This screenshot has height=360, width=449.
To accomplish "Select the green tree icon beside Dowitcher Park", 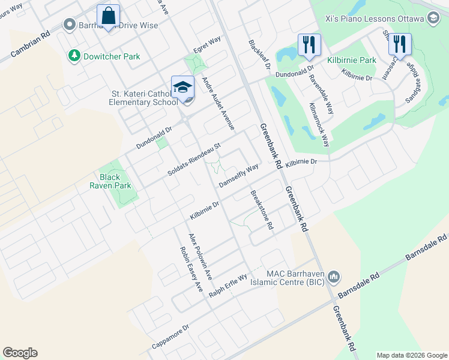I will coord(74,56).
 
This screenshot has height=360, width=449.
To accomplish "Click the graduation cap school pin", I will coord(182,88).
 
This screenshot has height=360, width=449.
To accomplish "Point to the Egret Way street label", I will coord(207,46).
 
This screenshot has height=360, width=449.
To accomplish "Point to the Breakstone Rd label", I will coord(262,211).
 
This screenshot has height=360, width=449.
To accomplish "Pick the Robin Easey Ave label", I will coord(191,269).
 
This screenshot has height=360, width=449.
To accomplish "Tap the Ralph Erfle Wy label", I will coord(228,287).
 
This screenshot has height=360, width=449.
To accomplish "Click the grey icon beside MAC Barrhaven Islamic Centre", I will coord(334,277).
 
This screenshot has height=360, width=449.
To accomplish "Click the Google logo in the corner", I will coord(20,352).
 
